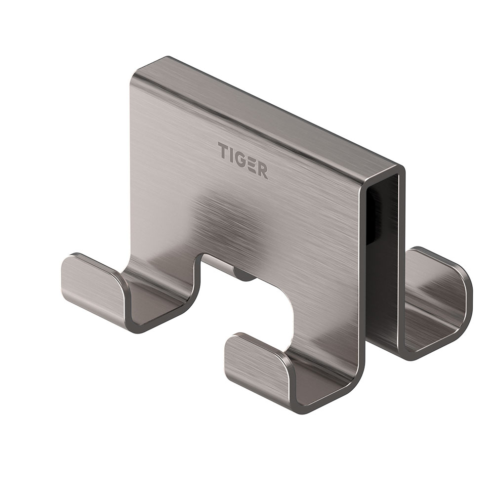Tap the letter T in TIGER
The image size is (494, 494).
point(223,149)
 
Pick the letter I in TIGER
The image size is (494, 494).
point(231,154)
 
